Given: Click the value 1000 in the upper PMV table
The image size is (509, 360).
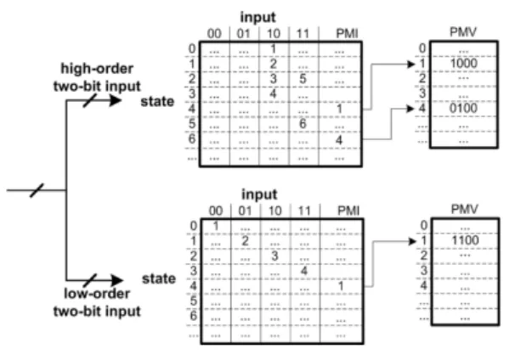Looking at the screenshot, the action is click(464, 63).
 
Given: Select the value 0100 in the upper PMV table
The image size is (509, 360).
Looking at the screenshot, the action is click(464, 109).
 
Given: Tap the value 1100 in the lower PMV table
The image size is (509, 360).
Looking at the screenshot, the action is click(465, 240).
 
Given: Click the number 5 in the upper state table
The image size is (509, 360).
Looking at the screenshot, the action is click(303, 78).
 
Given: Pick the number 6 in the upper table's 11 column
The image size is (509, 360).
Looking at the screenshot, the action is click(303, 124).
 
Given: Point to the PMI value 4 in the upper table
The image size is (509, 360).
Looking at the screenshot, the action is click(339, 140).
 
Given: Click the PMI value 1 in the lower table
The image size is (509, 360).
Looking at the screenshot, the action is click(341, 286).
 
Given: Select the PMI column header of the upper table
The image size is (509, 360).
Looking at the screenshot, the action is click(347, 33).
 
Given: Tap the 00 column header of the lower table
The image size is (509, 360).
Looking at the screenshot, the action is click(216, 211).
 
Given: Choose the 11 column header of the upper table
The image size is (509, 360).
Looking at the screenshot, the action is click(303, 33).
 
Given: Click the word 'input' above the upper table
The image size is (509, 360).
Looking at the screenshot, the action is click(258, 17).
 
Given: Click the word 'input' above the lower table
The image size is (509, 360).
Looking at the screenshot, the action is click(259, 194).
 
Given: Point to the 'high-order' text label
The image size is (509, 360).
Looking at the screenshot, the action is click(97, 69).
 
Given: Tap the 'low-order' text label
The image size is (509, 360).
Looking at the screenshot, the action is click(97, 294).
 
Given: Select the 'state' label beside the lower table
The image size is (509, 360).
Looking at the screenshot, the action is click(159, 278).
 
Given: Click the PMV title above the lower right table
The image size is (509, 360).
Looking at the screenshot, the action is click(465, 209).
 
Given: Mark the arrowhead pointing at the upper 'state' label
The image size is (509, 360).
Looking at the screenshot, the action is click(116, 100).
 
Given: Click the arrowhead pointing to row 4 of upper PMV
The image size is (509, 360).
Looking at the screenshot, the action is click(410, 109).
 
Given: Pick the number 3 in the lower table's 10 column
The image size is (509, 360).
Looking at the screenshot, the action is click(274, 256).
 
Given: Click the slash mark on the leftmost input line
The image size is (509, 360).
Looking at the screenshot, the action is click(37, 190).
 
